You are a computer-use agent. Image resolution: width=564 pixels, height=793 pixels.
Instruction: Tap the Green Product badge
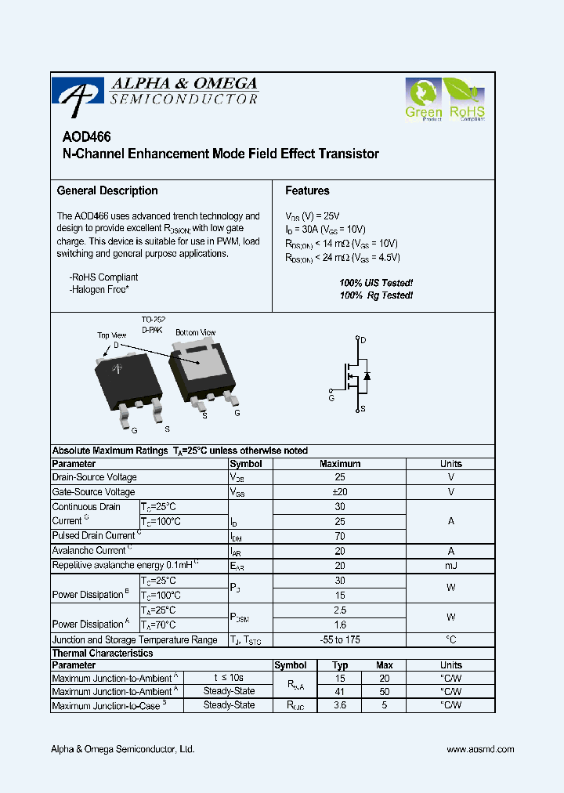tap(423, 99)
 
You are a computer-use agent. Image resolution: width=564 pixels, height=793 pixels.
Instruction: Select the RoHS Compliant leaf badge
tap(466, 99)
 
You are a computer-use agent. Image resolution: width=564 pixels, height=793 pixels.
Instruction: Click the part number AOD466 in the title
tap(83, 136)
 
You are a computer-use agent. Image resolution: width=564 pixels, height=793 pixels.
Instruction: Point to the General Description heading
tap(107, 190)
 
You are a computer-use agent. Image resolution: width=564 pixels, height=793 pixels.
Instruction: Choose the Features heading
tap(307, 190)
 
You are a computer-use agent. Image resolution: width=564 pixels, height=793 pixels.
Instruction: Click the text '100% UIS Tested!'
tap(376, 282)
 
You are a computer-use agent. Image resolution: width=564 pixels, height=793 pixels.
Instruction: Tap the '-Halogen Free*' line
tap(99, 290)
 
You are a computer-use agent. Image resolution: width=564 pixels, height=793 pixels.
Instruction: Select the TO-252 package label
tap(153, 320)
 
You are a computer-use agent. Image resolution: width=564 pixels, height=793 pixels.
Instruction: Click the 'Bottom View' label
tap(195, 332)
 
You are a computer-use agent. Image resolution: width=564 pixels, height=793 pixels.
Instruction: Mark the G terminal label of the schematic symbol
tap(331, 398)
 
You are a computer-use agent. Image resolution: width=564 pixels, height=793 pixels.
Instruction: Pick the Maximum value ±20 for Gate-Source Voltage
tap(339, 492)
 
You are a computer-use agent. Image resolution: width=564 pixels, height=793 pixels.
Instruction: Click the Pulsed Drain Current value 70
tap(339, 536)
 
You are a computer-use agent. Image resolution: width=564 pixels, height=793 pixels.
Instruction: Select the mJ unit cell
tap(450, 566)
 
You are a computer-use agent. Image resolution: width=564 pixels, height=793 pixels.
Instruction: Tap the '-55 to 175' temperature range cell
tap(339, 639)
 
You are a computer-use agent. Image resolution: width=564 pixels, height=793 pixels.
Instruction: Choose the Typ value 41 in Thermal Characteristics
tap(339, 692)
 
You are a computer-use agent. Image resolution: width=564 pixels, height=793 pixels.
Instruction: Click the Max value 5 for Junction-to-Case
tap(384, 705)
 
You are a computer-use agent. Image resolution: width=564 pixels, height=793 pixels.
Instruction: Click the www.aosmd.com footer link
tap(480, 749)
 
